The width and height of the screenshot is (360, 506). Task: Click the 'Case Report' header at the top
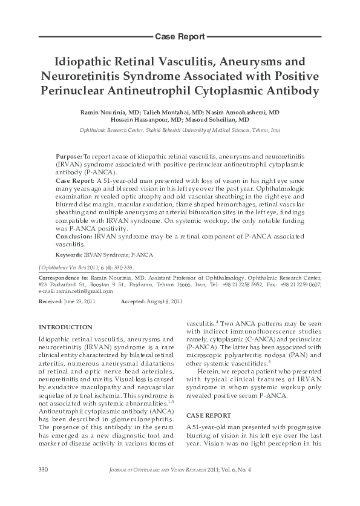click(x=180, y=37)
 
